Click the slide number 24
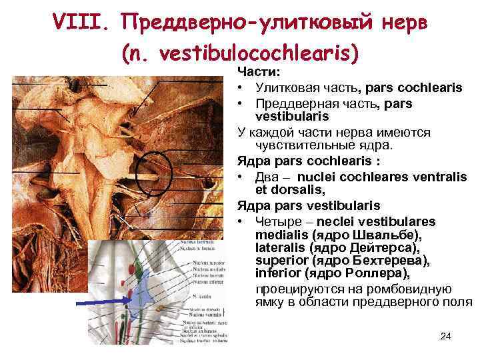(x=446, y=335)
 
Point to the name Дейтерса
(x=382, y=248)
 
